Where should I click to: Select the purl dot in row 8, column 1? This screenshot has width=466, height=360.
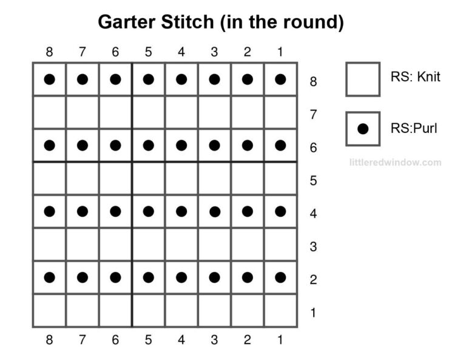(280, 79)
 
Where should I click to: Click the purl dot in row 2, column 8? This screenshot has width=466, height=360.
(50, 277)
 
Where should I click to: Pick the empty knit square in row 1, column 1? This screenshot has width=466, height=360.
(280, 310)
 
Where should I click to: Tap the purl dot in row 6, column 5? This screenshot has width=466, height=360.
(148, 145)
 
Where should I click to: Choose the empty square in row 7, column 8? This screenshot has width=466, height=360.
(50, 112)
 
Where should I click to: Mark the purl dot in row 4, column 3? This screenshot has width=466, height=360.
(214, 211)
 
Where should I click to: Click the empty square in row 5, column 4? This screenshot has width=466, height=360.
(181, 178)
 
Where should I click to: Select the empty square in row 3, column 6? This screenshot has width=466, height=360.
(115, 244)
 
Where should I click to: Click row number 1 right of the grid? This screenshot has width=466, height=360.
(313, 313)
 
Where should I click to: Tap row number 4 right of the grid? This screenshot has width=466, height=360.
(313, 214)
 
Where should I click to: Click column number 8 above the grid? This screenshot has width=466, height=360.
(49, 52)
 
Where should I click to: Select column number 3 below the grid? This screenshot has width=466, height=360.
(214, 340)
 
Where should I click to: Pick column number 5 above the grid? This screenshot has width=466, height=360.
(148, 52)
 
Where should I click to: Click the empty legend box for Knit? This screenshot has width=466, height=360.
(363, 79)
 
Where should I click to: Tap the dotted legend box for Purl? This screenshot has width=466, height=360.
(363, 129)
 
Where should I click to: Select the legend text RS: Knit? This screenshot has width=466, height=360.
(416, 77)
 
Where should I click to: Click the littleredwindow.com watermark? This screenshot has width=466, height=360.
(395, 162)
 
